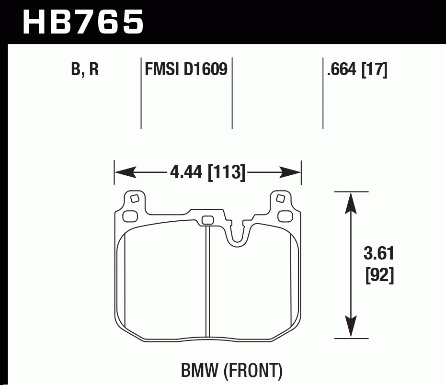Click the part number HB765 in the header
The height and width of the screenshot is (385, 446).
tap(83, 21)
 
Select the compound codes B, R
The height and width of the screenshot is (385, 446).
tap(85, 70)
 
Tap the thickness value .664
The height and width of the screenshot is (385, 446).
tap(342, 70)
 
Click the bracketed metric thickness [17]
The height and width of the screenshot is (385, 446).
tap(374, 70)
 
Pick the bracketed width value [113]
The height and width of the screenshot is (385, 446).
tap(227, 172)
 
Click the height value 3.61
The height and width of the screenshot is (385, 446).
tap(379, 254)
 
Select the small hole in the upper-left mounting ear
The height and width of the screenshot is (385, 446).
tap(135, 198)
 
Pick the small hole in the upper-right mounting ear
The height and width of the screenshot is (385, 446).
tap(281, 198)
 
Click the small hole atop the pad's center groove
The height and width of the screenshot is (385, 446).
tap(207, 220)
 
